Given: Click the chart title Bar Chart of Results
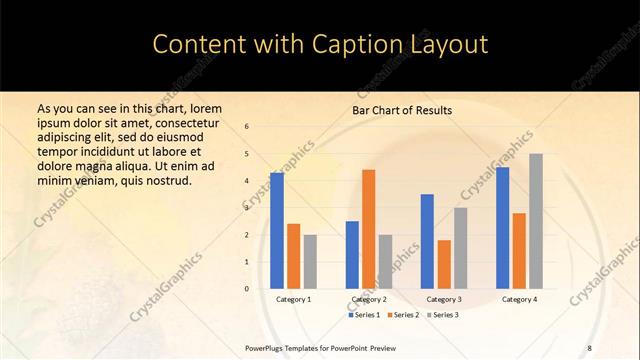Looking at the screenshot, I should pyautogui.click(x=402, y=110).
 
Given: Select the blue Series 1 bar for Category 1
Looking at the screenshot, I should pyautogui.click(x=277, y=230).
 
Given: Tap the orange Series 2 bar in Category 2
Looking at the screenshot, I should pyautogui.click(x=369, y=229).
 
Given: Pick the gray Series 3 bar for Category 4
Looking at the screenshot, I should pyautogui.click(x=536, y=221).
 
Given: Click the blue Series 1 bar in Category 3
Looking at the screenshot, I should pyautogui.click(x=427, y=241).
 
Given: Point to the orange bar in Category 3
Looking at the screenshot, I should pyautogui.click(x=444, y=264).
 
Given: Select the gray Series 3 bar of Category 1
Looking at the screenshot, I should pyautogui.click(x=311, y=261).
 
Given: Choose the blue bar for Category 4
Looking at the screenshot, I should pyautogui.click(x=502, y=227).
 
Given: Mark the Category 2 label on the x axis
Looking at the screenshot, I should pyautogui.click(x=369, y=299).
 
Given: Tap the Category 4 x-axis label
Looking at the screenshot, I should pyautogui.click(x=519, y=299).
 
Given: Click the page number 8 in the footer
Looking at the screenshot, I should pyautogui.click(x=589, y=347).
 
